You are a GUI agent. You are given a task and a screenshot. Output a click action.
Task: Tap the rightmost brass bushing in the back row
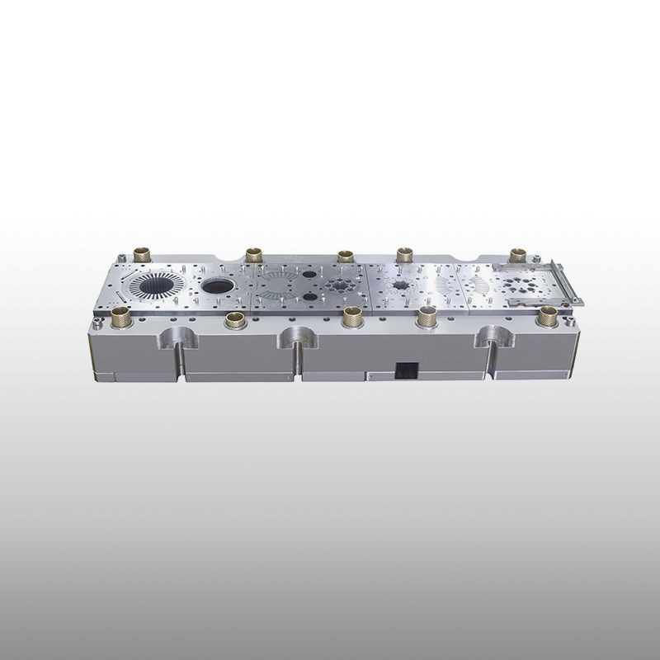click(x=518, y=253)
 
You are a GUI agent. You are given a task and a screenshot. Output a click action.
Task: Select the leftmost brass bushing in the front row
click(x=121, y=312)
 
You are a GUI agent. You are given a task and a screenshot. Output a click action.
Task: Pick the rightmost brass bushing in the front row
click(x=547, y=314)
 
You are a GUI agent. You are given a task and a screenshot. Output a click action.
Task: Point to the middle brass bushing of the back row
click(x=346, y=255)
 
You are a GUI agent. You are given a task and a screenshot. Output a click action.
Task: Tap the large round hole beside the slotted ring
click(x=217, y=287)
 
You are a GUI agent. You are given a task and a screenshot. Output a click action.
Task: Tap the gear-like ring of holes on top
click(x=341, y=288)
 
